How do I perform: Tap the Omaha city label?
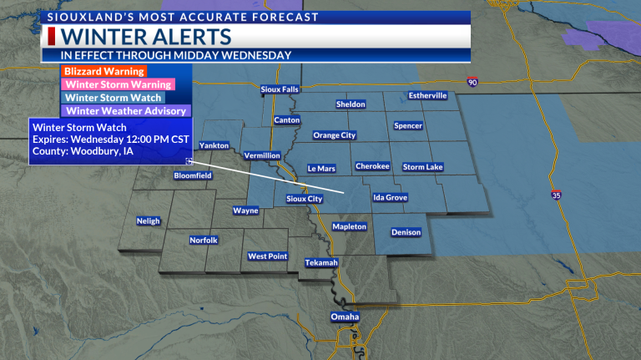point(345,317)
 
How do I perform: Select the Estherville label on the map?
point(428,95)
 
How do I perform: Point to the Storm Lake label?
point(423,167)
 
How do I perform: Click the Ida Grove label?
point(390,198)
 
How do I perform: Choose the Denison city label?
point(406,231)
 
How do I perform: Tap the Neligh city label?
point(148,221)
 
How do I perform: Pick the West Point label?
point(268,256)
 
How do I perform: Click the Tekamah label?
point(321,263)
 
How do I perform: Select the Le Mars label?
point(321,168)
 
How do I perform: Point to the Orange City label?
point(334,135)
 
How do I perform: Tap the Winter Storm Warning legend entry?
point(107,84)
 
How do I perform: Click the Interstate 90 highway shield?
point(472,82)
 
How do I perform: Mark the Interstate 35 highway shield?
point(556,195)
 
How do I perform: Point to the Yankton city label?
point(215,145)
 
